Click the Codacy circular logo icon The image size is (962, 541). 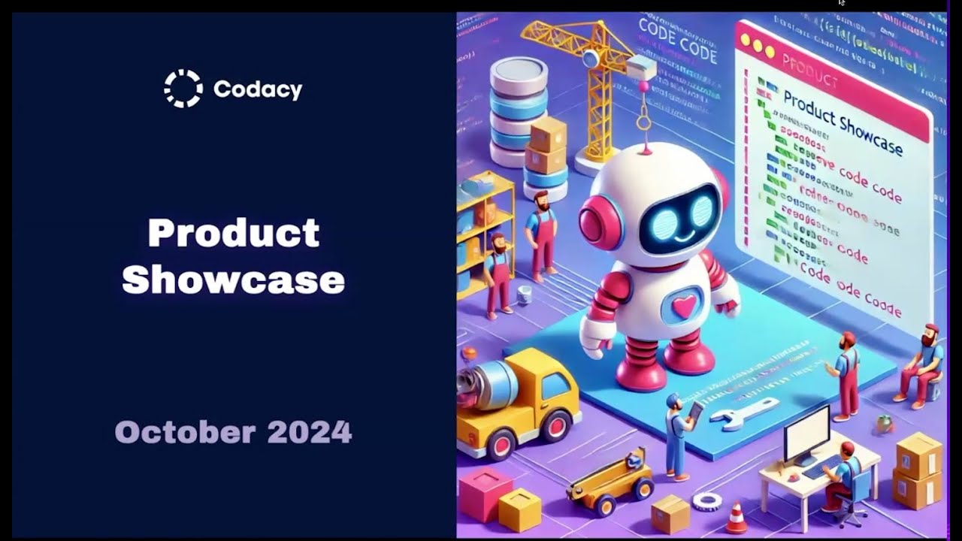183,89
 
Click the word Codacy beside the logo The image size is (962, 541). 258,89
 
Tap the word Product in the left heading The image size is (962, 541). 234,234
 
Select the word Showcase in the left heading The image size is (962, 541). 234,280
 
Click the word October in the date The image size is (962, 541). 185,432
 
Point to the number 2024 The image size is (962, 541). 309,432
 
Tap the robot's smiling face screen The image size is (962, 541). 679,214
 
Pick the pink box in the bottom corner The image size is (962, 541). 485,492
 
